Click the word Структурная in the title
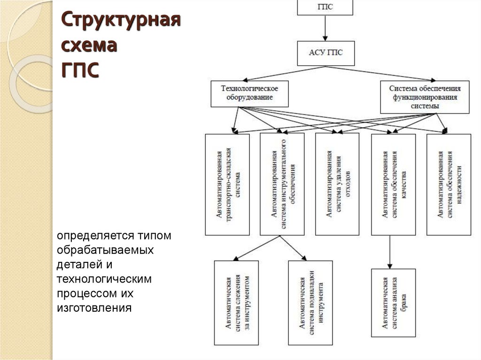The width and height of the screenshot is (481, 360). coord(121,22)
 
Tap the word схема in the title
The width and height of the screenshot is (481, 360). coord(90,46)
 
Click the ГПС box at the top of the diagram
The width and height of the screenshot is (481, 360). coord(325,7)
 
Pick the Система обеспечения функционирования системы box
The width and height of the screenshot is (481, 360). coord(425,97)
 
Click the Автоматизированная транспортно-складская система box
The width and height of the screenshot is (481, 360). coord(227,184)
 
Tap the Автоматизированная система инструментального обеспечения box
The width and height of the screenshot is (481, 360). coord(282,184)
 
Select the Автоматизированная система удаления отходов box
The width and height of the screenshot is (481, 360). coord(337,184)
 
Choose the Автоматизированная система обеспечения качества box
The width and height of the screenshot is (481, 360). coord(393,184)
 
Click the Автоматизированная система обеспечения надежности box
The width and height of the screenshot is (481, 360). coord(449,184)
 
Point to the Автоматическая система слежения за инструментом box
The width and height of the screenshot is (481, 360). coord(236,303)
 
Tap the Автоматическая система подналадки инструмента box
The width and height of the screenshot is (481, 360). coord(310,303)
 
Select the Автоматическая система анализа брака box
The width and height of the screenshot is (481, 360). coord(393,303)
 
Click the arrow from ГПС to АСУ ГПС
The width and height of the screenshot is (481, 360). coord(325,28)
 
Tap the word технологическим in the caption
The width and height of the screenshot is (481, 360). coord(104,279)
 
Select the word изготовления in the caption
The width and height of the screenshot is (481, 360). coord(94,308)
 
